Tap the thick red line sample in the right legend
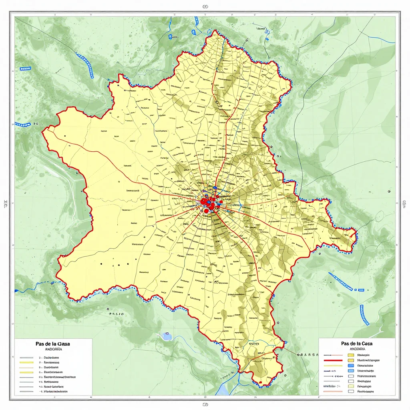[333, 360]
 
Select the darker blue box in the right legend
[351, 366]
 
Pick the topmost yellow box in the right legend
[351, 355]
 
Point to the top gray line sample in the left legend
[26, 357]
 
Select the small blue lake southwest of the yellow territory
[167, 336]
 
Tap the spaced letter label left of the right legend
[307, 355]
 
